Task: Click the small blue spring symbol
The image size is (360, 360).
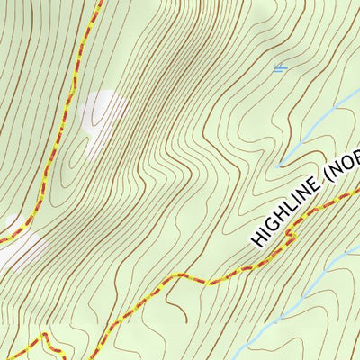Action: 281,67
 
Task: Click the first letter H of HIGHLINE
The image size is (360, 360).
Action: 257,239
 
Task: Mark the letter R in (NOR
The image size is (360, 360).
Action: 354,157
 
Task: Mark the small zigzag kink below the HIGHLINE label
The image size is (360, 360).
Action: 288,235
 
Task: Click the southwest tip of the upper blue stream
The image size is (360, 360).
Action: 280,166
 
